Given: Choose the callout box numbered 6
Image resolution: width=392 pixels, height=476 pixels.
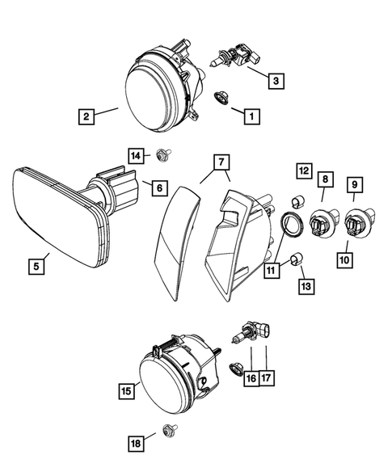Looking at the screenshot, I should pos(158,187).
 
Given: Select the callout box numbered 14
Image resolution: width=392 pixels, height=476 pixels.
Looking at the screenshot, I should pos(136,154).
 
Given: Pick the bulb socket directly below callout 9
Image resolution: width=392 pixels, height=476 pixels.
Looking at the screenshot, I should pos(354,221).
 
